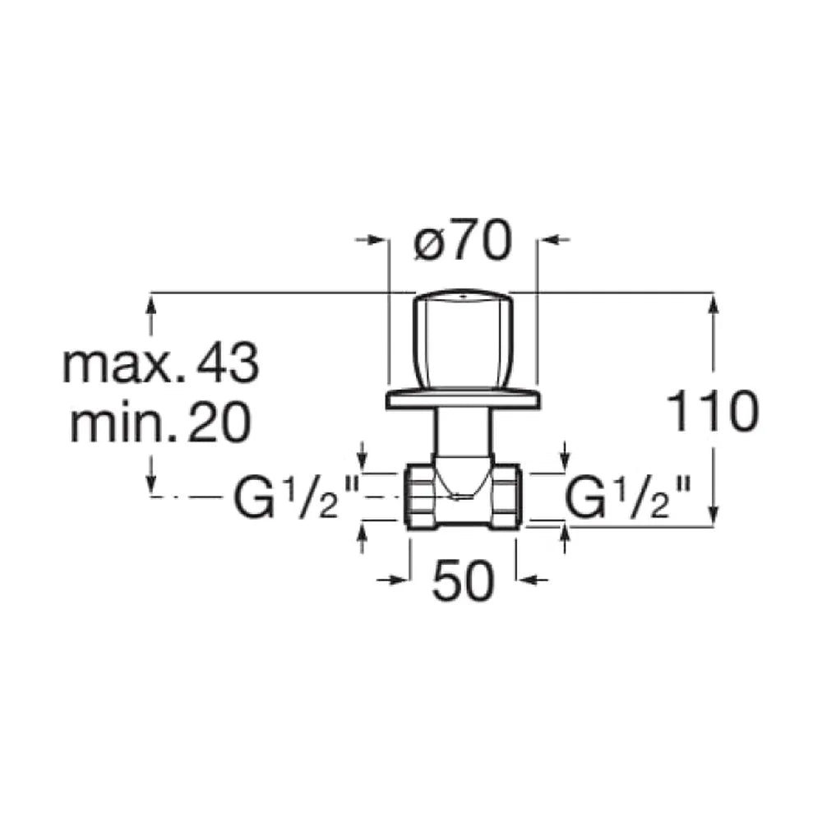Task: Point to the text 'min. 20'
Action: pyautogui.click(x=161, y=423)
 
